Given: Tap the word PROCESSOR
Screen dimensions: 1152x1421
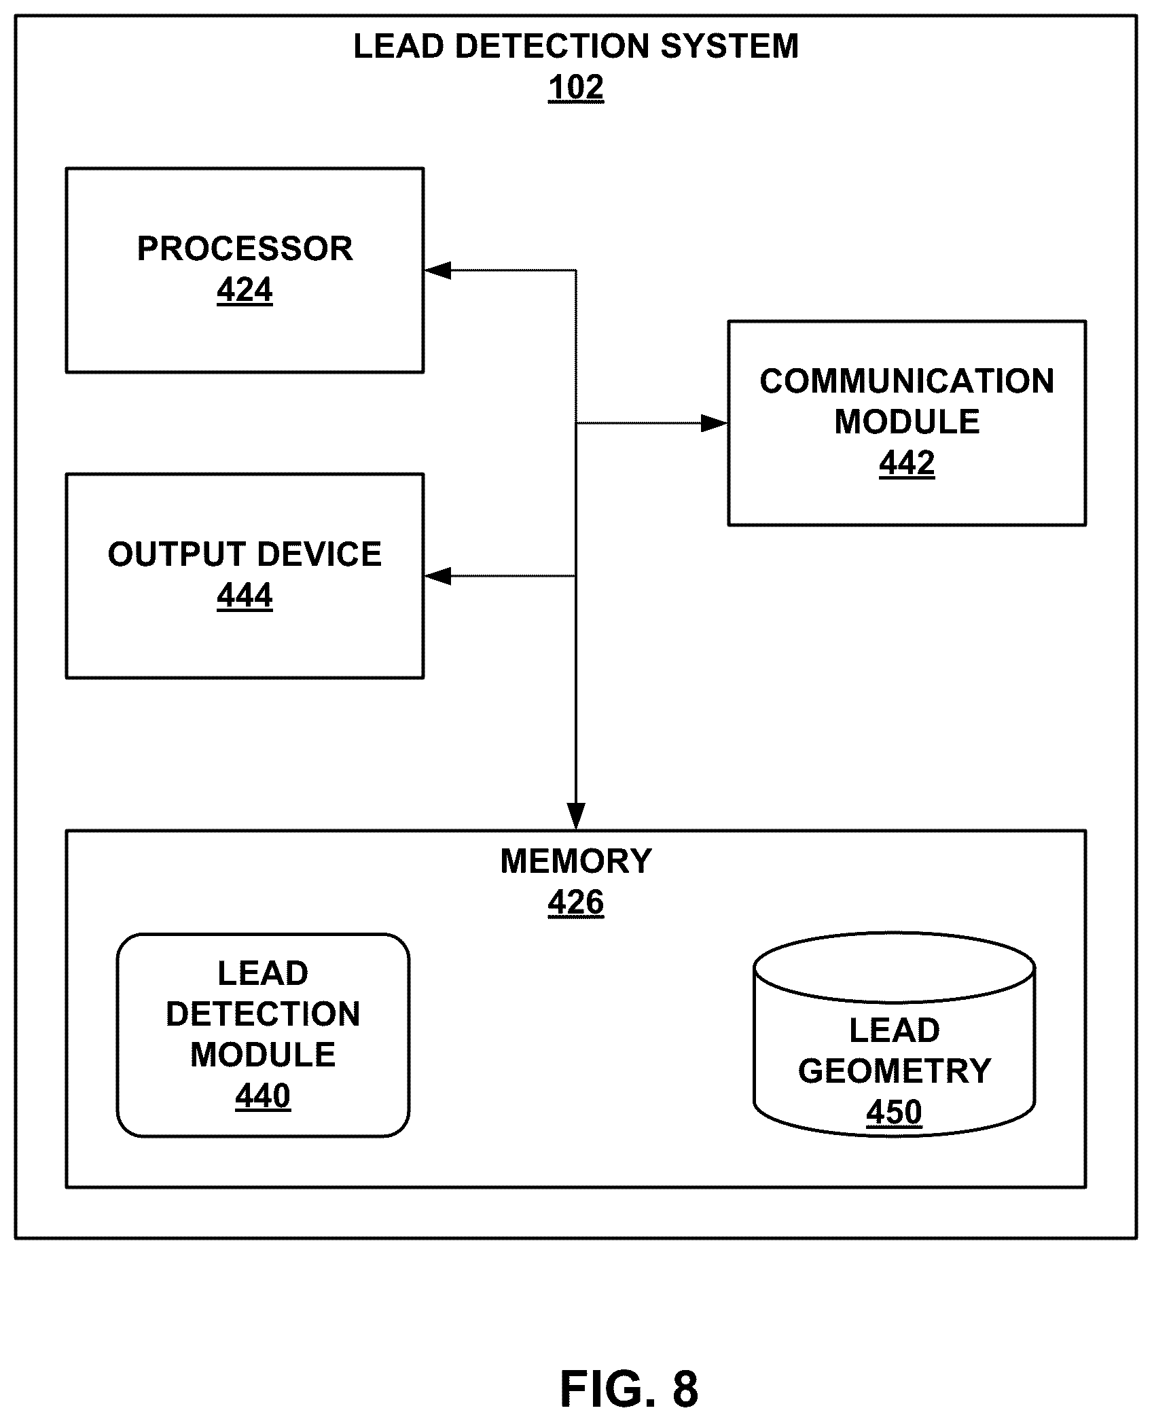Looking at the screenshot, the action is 245,249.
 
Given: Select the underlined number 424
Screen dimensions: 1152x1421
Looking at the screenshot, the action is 245,291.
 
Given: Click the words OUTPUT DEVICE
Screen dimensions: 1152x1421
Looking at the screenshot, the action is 245,554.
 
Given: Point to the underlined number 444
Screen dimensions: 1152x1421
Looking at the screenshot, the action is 245,596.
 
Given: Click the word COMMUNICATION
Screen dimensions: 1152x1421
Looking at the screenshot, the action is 907,381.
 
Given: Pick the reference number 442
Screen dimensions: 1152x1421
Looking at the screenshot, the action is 907,464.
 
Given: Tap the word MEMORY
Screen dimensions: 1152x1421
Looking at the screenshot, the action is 576,861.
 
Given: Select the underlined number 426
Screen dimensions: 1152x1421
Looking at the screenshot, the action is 576,903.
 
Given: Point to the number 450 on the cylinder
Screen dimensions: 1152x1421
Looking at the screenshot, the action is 894,1113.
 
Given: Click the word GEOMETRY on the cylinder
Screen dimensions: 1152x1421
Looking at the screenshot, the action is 895,1071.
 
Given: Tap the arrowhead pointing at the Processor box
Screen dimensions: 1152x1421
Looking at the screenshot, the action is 437,270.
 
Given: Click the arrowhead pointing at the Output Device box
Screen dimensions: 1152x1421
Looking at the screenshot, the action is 437,576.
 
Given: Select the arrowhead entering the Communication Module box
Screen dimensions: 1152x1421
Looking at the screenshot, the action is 715,423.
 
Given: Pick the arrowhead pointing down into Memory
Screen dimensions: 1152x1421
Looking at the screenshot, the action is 576,816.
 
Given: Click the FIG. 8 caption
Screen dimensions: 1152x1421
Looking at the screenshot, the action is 629,1389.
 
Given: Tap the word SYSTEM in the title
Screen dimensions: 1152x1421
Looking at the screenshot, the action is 730,46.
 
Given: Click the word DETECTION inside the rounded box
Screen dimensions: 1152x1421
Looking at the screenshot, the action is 263,1014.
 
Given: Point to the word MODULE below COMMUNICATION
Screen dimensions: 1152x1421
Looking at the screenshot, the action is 907,422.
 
